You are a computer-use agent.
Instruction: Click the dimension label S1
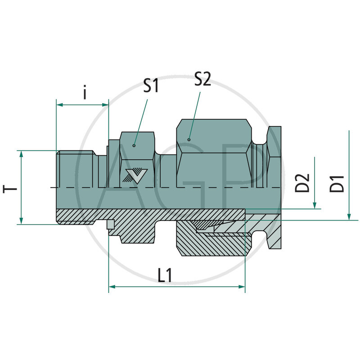[151, 85]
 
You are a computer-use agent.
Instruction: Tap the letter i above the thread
[85, 93]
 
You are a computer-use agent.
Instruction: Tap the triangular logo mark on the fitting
[134, 175]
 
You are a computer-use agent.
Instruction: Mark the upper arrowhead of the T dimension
[21, 154]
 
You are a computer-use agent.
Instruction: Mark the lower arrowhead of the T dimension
[21, 220]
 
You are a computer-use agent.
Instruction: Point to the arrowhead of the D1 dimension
[349, 217]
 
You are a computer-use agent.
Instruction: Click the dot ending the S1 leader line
[134, 145]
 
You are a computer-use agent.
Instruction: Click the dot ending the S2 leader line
[189, 139]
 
